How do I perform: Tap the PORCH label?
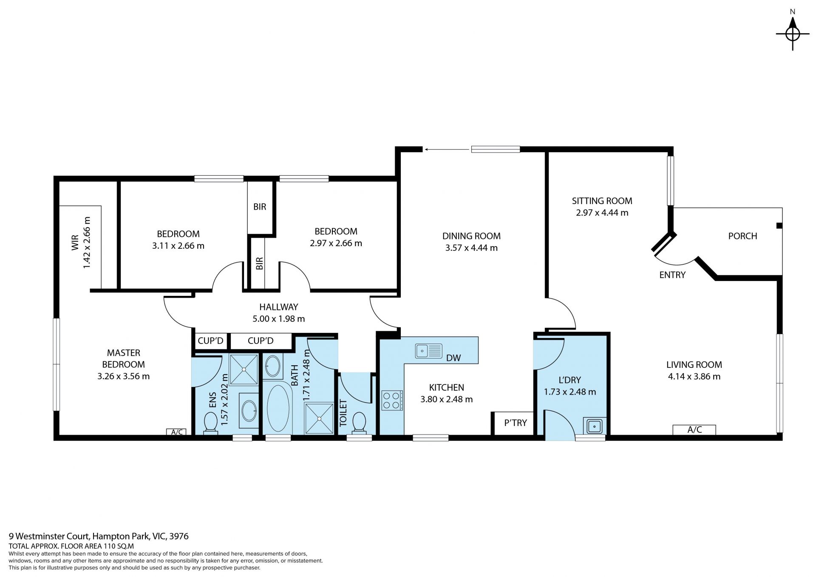742,236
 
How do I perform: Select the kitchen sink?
429,351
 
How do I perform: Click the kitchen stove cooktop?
392,400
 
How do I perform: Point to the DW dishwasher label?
453,358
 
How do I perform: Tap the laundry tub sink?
594,425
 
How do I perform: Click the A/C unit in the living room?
694,430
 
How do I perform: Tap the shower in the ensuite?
244,369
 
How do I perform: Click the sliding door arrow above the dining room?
446,149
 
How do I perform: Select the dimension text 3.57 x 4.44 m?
471,248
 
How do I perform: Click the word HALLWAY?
279,307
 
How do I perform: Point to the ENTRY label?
672,275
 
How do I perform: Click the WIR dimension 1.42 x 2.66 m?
87,243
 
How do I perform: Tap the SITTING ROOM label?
602,201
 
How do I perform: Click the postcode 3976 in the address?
179,537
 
